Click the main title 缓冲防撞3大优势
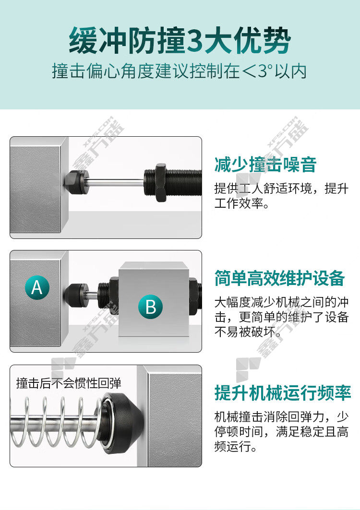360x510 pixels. click(180, 40)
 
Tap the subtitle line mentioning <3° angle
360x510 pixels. click(180, 71)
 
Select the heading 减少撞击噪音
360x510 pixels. click(265, 165)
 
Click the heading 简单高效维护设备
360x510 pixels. click(280, 278)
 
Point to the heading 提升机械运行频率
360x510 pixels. click(283, 393)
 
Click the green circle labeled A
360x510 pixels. click(37, 287)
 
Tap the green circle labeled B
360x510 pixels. click(150, 307)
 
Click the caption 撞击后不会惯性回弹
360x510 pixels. click(69, 383)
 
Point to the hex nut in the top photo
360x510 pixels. click(161, 183)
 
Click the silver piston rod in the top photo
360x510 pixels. click(116, 183)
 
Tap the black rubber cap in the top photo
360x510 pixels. click(76, 182)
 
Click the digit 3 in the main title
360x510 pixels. click(195, 41)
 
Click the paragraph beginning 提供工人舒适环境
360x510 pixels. click(281, 196)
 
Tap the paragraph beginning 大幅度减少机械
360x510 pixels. click(281, 317)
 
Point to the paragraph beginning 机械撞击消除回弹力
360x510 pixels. click(281, 431)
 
